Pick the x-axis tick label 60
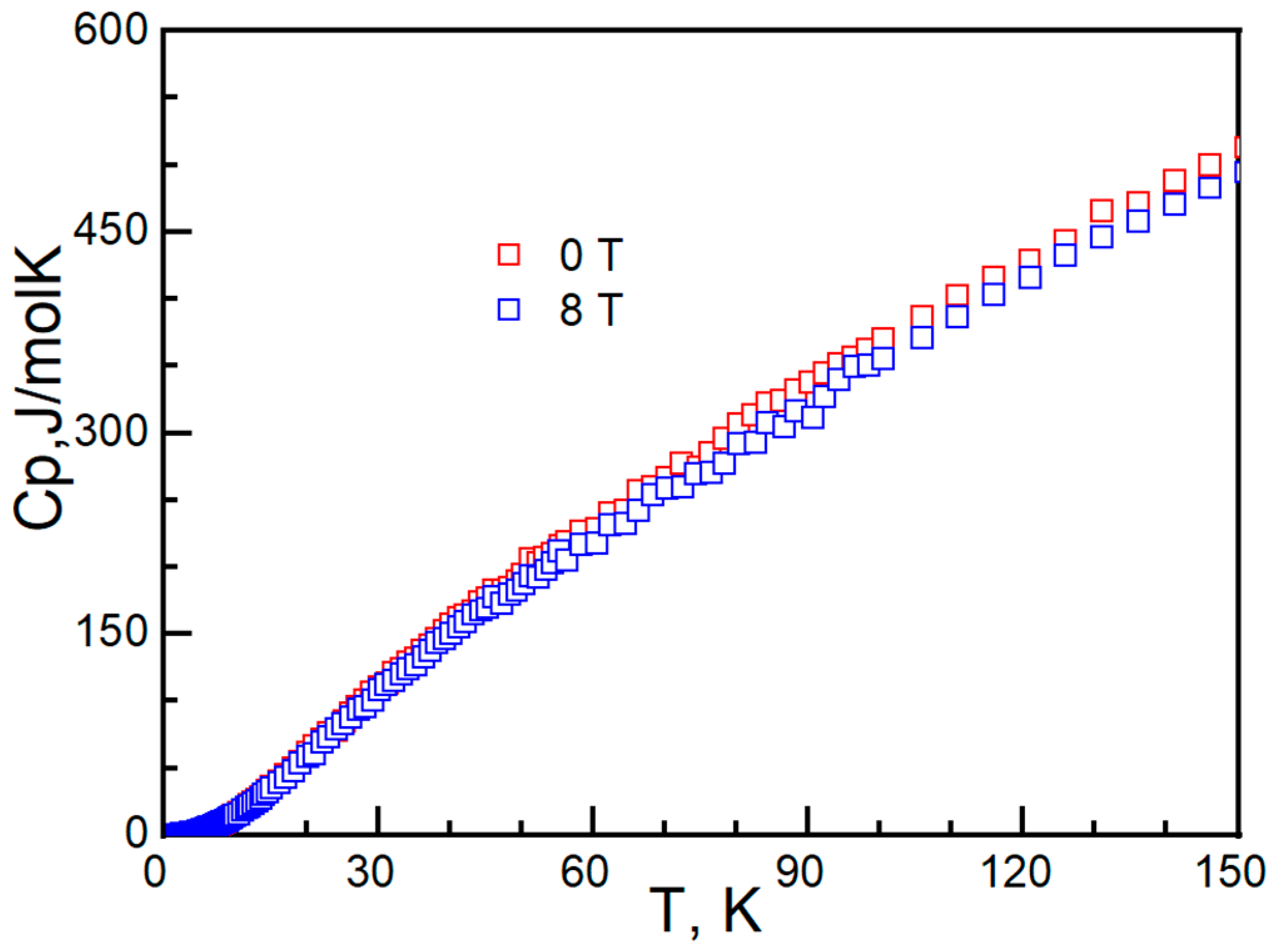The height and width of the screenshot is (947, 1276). click(x=584, y=872)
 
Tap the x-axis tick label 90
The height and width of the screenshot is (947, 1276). click(x=799, y=872)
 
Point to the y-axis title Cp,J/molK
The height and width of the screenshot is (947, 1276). click(x=39, y=388)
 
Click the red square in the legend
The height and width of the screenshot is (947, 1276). click(x=508, y=255)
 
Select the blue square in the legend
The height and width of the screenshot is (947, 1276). click(x=508, y=309)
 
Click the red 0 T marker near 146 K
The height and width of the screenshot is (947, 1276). click(x=1209, y=165)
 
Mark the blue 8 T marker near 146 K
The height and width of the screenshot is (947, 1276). click(x=1209, y=187)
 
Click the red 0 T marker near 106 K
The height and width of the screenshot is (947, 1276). click(x=922, y=317)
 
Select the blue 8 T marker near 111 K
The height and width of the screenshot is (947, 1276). click(x=957, y=317)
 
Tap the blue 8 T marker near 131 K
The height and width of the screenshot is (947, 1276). click(x=1101, y=237)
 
